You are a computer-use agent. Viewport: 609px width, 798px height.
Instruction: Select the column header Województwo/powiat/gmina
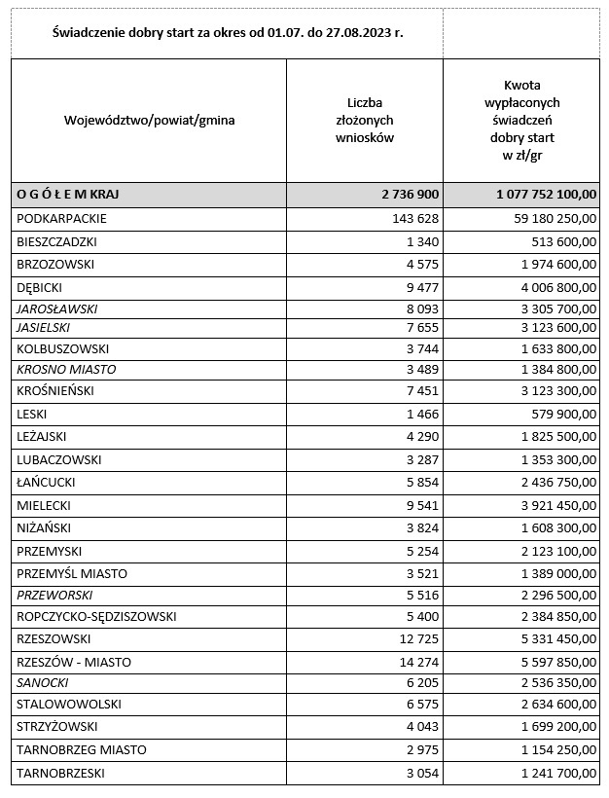point(149,121)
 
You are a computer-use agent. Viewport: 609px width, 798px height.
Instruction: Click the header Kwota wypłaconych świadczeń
point(528,121)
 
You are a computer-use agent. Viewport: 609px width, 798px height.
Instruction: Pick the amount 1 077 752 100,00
point(545,195)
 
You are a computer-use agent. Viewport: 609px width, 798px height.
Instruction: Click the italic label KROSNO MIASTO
point(66,370)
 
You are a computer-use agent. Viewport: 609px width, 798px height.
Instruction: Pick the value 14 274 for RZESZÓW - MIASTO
point(418,663)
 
